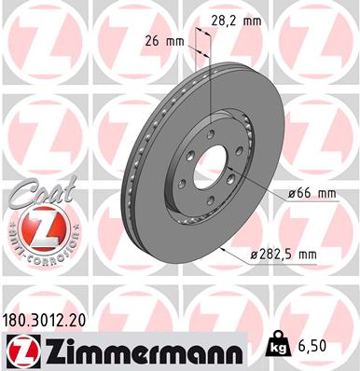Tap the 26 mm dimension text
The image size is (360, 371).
[x=163, y=41]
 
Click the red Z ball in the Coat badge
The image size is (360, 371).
[x=40, y=227]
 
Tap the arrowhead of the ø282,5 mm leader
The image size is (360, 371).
[x=221, y=249]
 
